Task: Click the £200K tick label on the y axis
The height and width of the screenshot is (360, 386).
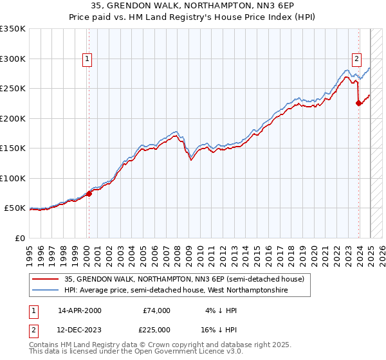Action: [13, 118]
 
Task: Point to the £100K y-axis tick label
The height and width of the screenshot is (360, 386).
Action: [13, 178]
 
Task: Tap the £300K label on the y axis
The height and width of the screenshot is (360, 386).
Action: [13, 59]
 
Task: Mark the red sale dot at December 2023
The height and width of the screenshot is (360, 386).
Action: [358, 103]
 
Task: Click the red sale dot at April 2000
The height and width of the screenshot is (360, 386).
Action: [89, 194]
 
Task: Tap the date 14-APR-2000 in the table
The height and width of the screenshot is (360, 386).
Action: [80, 310]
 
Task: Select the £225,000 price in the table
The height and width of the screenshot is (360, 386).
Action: [157, 330]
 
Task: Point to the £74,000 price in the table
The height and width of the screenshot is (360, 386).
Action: [157, 310]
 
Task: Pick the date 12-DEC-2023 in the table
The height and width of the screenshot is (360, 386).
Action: [80, 330]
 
